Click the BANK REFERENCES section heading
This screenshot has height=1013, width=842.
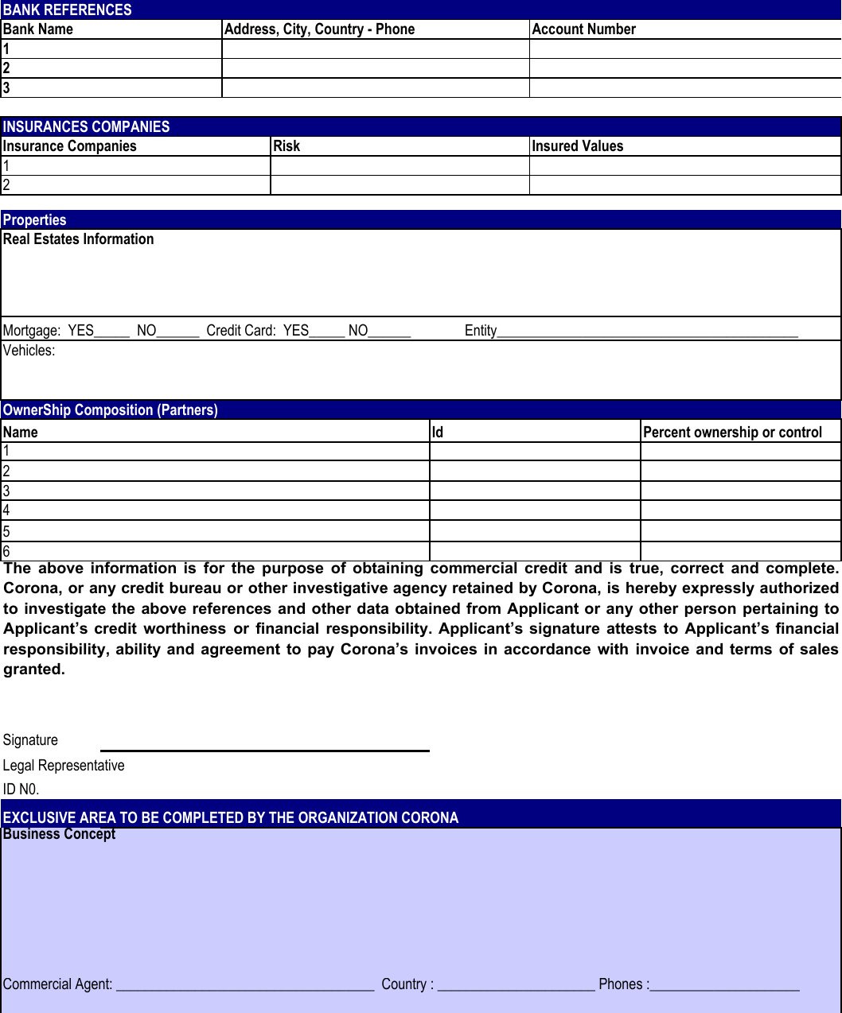click(68, 10)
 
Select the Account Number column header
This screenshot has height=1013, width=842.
click(583, 29)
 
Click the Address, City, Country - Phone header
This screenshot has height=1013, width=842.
click(319, 29)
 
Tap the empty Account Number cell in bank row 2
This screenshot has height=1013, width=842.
click(684, 68)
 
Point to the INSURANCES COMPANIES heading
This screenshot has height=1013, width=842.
click(86, 126)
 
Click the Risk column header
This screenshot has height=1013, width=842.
click(287, 146)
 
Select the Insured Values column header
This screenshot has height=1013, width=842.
click(577, 146)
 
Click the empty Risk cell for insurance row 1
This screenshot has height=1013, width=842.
click(400, 166)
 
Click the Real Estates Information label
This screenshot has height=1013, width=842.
click(78, 239)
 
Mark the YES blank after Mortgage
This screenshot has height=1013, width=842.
click(112, 332)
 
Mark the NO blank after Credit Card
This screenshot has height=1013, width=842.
click(390, 332)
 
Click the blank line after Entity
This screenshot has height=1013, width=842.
click(647, 332)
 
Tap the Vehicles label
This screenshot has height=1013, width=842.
click(29, 351)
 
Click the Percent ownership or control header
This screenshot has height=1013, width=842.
click(732, 433)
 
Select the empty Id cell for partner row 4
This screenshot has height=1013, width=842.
click(535, 510)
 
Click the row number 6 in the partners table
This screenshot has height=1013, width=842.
click(6, 551)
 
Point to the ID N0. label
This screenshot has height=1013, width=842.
click(21, 790)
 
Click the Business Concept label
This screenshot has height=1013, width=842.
click(59, 834)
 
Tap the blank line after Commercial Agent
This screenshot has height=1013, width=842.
click(245, 985)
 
